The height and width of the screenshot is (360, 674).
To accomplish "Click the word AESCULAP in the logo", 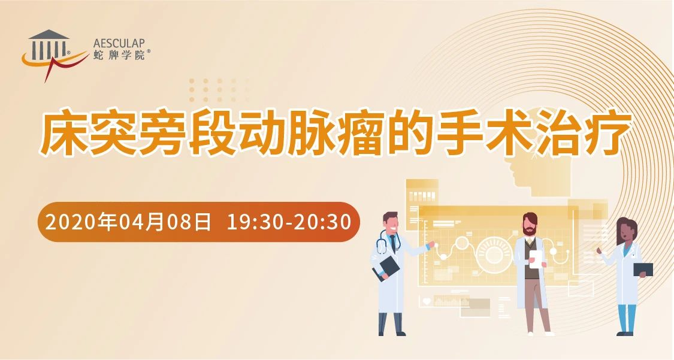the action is click(119, 43).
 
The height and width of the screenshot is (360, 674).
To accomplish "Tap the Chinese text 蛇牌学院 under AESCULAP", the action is click(119, 55).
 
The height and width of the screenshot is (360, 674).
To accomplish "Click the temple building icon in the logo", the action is click(49, 45).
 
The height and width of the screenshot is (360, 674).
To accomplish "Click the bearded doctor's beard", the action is click(530, 231).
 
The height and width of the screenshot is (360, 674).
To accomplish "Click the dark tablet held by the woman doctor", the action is click(643, 270).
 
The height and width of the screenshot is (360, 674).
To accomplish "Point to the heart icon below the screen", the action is click(427, 301).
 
